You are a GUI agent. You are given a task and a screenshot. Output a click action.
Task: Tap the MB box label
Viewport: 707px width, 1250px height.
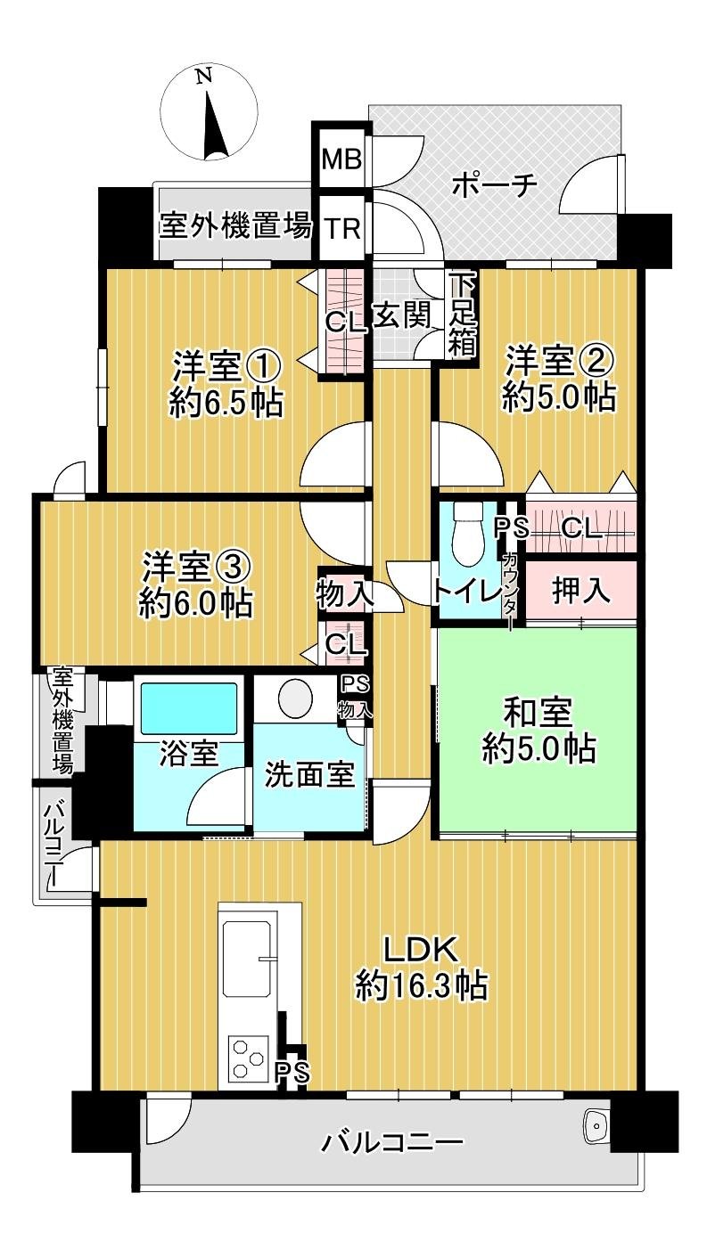[341, 159]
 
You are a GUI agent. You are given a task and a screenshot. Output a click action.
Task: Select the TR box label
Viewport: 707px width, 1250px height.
[341, 228]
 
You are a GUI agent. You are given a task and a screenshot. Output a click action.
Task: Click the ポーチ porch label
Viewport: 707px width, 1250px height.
[495, 185]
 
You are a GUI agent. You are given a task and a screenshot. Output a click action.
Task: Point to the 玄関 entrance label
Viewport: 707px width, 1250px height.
[401, 316]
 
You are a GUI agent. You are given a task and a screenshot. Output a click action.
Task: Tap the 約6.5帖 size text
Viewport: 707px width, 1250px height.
[226, 404]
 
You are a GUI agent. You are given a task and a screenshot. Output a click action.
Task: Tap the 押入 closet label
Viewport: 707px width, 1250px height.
[581, 592]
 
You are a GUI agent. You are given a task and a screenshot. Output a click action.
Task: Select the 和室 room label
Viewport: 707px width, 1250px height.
[538, 713]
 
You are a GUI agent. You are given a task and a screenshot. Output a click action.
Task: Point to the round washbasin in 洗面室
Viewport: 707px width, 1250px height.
[296, 698]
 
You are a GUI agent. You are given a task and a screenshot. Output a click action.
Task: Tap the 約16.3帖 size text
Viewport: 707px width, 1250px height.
[421, 984]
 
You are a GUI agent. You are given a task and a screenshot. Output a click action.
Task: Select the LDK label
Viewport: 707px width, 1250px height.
[421, 950]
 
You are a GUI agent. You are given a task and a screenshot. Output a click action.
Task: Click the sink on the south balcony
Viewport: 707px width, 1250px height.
[596, 1127]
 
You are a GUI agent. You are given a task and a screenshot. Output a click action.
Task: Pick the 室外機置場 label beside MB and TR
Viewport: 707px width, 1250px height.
[235, 226]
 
